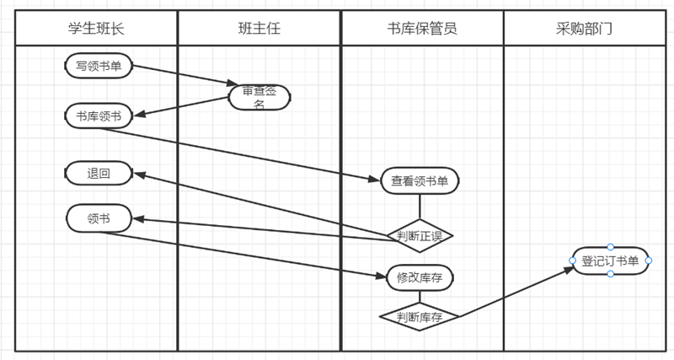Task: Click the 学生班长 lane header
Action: (x=96, y=28)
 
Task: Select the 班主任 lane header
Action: (x=259, y=28)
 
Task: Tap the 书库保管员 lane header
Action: (x=422, y=28)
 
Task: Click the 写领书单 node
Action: (x=99, y=66)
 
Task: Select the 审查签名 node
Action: (x=259, y=98)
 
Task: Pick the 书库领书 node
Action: (x=99, y=116)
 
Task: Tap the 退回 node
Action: (x=99, y=174)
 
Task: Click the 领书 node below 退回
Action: (x=99, y=219)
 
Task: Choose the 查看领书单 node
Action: (x=420, y=180)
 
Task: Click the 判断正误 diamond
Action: (x=420, y=235)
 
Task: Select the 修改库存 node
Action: (x=420, y=277)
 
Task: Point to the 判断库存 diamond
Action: (x=420, y=317)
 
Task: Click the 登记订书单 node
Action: (x=611, y=261)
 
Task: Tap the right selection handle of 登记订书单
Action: (x=649, y=261)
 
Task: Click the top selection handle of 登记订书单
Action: (x=611, y=247)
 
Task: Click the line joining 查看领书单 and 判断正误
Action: (x=420, y=207)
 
